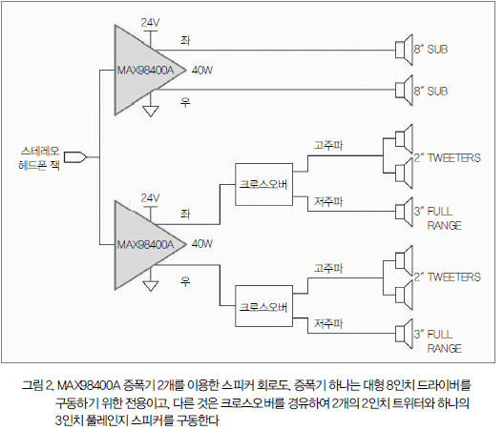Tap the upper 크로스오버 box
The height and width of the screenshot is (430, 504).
pos(263,184)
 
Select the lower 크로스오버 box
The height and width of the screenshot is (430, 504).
pos(263,306)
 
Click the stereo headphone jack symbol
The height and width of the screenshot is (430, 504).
pos(75,157)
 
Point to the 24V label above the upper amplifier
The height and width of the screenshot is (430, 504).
pos(150,23)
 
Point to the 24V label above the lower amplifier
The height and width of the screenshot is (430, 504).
pos(150,197)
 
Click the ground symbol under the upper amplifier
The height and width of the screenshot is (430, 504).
pos(151,112)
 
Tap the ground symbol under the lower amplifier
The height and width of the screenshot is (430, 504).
pos(151,285)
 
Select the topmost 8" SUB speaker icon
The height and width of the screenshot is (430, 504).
pos(404,50)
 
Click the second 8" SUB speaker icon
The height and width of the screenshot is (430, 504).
pos(404,91)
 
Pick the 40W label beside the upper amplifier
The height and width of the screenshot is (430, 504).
pos(202,70)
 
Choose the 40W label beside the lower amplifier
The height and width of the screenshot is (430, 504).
pos(202,244)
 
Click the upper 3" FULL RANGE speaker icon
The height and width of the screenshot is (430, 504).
pos(404,212)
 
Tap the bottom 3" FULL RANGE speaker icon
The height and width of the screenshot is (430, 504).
pos(404,334)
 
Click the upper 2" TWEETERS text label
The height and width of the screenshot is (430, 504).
pos(447,157)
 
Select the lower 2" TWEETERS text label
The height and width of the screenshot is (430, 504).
pos(447,276)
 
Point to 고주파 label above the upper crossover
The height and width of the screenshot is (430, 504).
pos(328,145)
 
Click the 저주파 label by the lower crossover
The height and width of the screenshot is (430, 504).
pos(328,323)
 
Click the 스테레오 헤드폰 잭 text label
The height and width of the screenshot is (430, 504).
pos(39,158)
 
